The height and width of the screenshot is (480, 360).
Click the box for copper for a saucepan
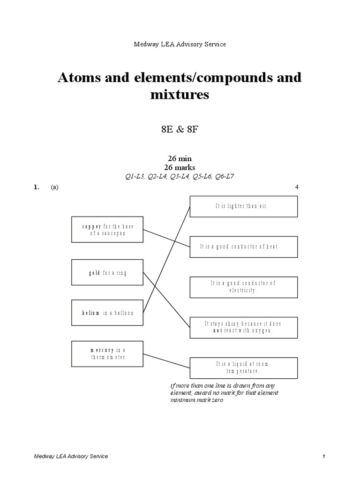(108, 230)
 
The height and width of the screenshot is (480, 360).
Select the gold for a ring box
(108, 272)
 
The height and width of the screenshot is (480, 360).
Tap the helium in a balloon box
(108, 313)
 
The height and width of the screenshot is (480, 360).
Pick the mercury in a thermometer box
(108, 353)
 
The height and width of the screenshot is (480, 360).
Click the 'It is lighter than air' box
(243, 206)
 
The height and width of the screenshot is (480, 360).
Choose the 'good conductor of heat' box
(243, 247)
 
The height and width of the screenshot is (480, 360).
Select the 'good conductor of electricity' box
(243, 287)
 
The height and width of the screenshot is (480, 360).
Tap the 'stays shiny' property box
(243, 327)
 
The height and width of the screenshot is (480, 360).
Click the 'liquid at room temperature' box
(243, 367)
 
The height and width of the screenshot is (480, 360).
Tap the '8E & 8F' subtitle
(180, 130)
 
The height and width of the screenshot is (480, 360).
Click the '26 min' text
(180, 158)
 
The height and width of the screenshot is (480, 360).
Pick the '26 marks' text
(180, 167)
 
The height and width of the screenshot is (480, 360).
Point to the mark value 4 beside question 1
(297, 187)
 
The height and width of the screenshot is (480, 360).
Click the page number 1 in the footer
(323, 456)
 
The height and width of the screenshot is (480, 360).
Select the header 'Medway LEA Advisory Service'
(180, 44)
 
